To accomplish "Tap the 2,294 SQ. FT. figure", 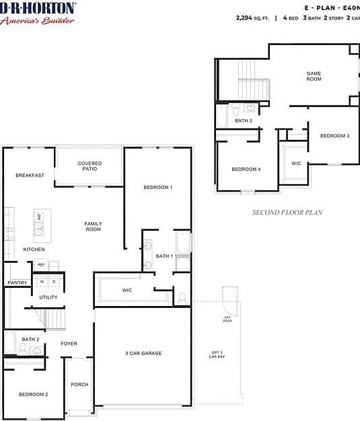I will click(x=252, y=19).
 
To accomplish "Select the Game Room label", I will click(x=314, y=76).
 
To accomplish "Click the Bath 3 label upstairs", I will click(x=244, y=121).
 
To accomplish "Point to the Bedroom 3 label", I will click(x=334, y=136).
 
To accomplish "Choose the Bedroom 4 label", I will click(x=246, y=169).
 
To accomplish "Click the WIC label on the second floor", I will click(x=296, y=163).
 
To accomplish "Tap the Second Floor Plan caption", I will click(x=287, y=213).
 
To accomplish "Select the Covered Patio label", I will click(x=89, y=166).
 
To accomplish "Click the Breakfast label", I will click(x=30, y=176).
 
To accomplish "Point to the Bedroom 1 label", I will click(x=157, y=187).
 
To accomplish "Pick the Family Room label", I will click(x=93, y=227).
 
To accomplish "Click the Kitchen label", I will click(x=34, y=250).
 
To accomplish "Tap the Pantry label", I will click(x=17, y=283).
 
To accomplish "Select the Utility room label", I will click(x=48, y=297).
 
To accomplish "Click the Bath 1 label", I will click(x=164, y=256).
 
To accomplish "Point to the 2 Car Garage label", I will click(x=143, y=353).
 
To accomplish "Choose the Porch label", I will click(x=79, y=385).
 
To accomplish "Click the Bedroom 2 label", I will click(x=33, y=394).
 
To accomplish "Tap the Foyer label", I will click(x=69, y=344).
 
